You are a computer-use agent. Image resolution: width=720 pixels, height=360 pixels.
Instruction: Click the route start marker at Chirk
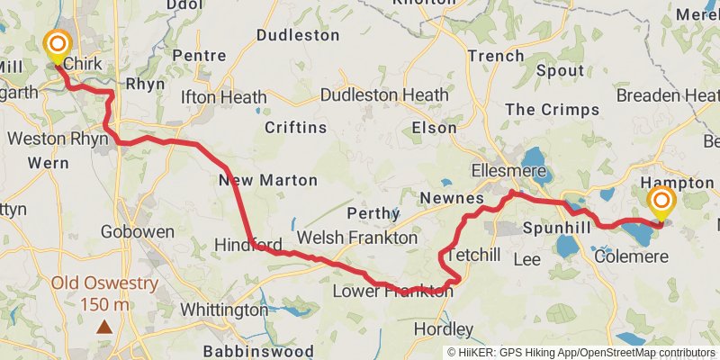pyautogui.click(x=58, y=44)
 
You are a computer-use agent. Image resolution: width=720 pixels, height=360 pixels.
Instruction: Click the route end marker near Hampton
pyautogui.click(x=661, y=202)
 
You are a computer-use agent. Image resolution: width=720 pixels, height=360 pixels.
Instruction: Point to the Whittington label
pyautogui.click(x=224, y=310)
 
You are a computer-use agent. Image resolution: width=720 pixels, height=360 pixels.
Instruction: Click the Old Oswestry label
pyautogui.click(x=104, y=283)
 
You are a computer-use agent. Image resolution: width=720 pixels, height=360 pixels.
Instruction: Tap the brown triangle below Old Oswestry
pyautogui.click(x=104, y=326)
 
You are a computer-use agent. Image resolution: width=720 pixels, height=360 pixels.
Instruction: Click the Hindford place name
pyautogui.click(x=249, y=245)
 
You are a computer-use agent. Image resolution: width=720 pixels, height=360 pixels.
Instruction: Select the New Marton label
pyautogui.click(x=268, y=180)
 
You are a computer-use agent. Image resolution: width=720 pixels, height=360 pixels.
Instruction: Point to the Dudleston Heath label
pyautogui.click(x=384, y=94)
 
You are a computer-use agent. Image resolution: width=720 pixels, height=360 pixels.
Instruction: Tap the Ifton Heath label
pyautogui.click(x=223, y=96)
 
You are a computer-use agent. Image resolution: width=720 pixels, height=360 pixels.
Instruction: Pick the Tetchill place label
pyautogui.click(x=473, y=255)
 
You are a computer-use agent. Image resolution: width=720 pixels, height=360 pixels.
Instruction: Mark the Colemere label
pyautogui.click(x=632, y=257)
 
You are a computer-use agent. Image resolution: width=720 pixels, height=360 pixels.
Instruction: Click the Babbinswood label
pyautogui.click(x=257, y=350)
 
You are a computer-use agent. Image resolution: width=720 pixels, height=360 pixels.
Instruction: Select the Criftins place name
pyautogui.click(x=295, y=127)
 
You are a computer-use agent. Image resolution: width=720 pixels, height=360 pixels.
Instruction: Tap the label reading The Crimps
pyautogui.click(x=552, y=110)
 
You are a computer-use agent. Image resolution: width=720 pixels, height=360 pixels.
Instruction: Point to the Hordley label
pyautogui.click(x=443, y=328)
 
